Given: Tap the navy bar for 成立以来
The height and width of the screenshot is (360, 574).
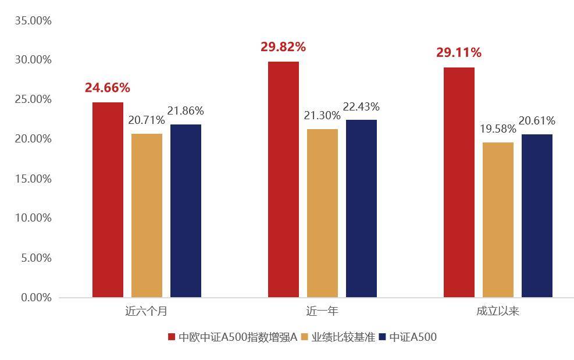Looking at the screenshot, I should pos(537,216).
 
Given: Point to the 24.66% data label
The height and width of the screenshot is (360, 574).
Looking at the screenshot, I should pos(108,88).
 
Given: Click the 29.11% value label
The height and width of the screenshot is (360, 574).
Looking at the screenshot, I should pos(459,53).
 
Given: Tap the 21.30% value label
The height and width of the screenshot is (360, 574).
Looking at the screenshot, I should pos(322,116).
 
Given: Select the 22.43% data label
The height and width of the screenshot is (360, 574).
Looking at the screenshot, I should pos(361,106).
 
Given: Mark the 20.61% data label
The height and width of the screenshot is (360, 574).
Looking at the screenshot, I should pos(537,121).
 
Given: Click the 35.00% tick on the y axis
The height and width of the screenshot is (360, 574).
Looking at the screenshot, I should pos(33,21).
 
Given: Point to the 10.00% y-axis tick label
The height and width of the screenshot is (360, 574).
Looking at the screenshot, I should pos(33,218).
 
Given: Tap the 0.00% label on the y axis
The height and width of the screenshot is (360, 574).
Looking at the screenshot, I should pos(36,298).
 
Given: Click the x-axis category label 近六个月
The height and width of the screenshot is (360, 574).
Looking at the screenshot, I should pos(147,311).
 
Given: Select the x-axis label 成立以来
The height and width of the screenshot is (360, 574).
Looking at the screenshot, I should pos(498,311).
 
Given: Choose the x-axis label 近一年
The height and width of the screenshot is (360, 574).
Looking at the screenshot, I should pos(322,311).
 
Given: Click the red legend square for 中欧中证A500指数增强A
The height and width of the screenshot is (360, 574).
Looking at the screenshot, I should pos(172,337).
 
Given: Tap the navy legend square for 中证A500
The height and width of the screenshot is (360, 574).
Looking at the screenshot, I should pos(382,337).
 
